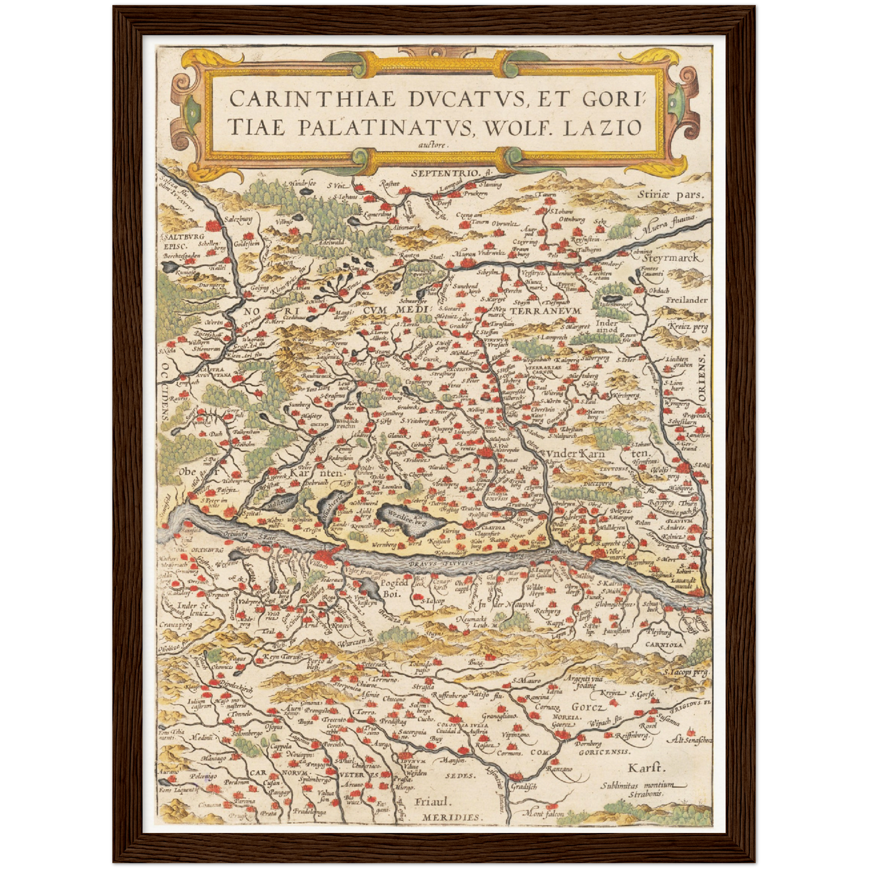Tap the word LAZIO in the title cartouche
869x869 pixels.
pyautogui.click(x=604, y=127)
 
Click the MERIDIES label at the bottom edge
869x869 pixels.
pyautogui.click(x=451, y=817)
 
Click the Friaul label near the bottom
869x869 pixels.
pyautogui.click(x=432, y=802)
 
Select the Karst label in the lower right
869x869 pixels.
pyautogui.click(x=646, y=769)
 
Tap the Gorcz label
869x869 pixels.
pyautogui.click(x=586, y=707)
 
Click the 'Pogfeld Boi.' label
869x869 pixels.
pyautogui.click(x=395, y=588)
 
